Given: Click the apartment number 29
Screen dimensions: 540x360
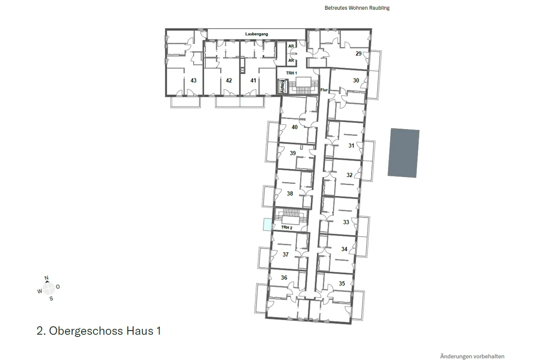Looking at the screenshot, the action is (x=359, y=54).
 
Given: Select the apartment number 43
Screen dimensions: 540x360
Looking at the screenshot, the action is (x=193, y=81).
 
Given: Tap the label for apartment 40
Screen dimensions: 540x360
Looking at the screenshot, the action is (x=294, y=127).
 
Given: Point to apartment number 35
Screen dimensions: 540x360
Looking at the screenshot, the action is (x=342, y=283).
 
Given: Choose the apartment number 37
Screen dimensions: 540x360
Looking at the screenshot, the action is (x=286, y=255).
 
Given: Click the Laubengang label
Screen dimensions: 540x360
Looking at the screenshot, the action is (x=256, y=34).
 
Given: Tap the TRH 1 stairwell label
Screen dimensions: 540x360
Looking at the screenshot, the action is (x=292, y=73).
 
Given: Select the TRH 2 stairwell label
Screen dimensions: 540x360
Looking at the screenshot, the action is (x=286, y=228).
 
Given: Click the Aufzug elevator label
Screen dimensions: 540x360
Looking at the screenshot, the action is (x=283, y=86).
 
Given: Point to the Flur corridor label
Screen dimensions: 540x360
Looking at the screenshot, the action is (x=324, y=90).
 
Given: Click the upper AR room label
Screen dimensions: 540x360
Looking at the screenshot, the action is (x=291, y=46).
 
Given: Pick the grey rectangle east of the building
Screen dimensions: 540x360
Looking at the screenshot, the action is (x=404, y=153).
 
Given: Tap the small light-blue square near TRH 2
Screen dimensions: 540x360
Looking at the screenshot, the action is (x=267, y=225).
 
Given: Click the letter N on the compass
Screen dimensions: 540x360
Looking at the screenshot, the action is (x=46, y=278).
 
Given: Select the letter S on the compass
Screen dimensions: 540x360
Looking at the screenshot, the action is (x=51, y=299).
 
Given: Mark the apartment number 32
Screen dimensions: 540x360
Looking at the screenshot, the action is (x=349, y=175).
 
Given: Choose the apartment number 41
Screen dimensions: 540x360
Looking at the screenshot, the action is (x=253, y=81).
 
